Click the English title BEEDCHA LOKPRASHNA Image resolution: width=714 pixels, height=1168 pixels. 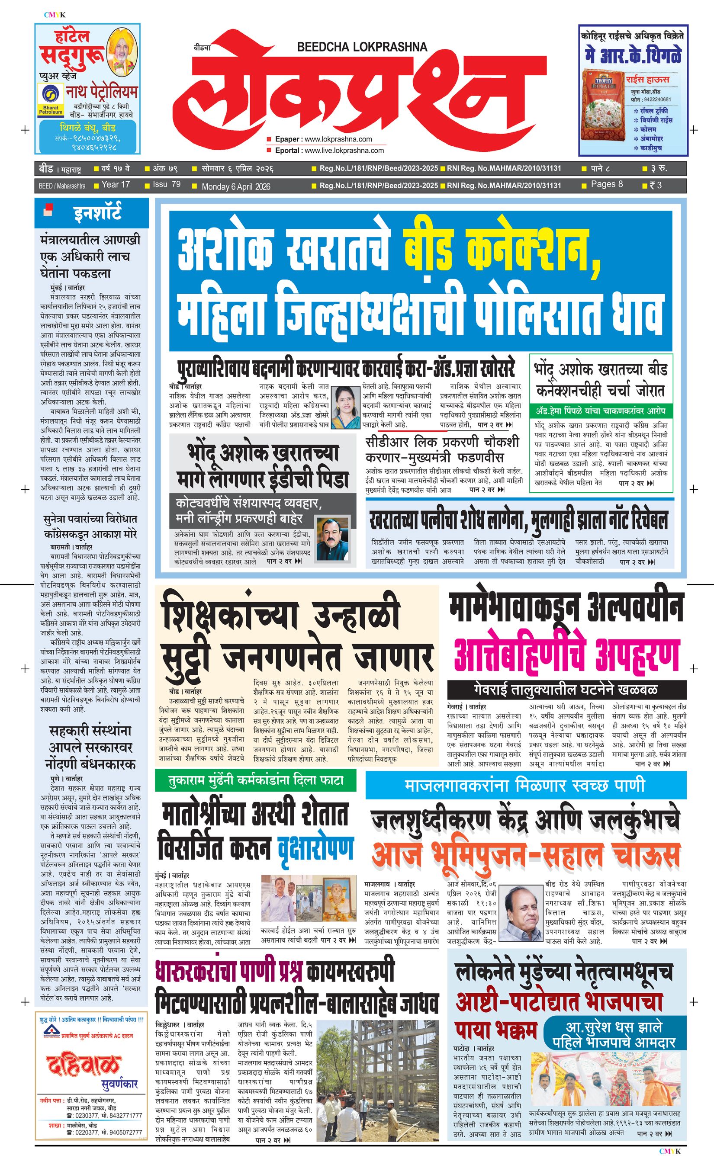[362, 47]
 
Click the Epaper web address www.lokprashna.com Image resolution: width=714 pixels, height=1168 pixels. [338, 139]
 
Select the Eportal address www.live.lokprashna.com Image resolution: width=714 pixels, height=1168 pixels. [344, 151]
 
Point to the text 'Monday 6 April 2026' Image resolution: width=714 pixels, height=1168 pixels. [236, 187]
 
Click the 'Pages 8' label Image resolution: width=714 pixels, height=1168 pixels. [607, 184]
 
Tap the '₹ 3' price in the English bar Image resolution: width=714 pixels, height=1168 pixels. [655, 185]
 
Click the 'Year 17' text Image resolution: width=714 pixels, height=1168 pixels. [116, 184]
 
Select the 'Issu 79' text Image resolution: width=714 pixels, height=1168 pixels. [167, 184]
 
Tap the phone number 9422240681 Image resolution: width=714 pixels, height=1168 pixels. [657, 99]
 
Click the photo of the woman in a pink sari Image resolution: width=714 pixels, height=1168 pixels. [346, 407]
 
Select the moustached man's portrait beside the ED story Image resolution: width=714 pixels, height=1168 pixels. [332, 540]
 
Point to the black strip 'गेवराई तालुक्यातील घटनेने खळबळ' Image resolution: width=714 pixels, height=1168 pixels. [566, 689]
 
